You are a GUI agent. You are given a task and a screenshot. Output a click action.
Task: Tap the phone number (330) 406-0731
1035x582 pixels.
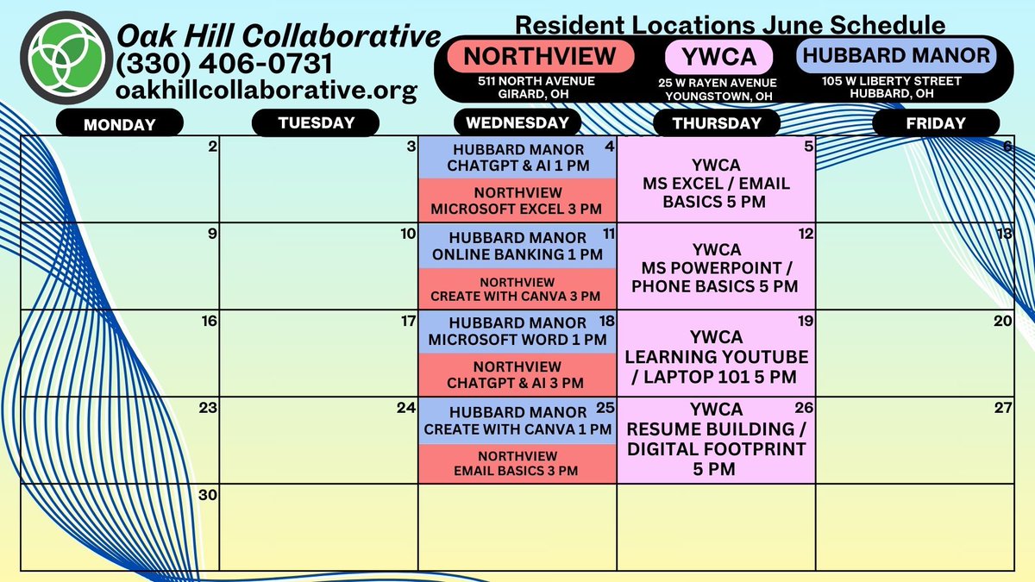(224, 64)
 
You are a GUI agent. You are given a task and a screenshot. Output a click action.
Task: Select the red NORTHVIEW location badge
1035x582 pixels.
(540, 57)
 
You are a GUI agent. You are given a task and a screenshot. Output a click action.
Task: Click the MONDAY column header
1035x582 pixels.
(119, 124)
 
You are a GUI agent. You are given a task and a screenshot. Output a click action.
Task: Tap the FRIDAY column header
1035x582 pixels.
(936, 123)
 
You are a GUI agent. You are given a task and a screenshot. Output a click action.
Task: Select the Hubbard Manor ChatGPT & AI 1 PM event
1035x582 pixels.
(517, 158)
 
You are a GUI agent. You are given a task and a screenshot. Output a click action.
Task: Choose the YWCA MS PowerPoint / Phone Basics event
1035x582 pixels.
(716, 268)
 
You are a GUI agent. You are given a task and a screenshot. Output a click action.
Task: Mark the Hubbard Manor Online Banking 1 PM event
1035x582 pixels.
(517, 246)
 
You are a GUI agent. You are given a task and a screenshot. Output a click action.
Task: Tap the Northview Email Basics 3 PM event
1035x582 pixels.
(517, 463)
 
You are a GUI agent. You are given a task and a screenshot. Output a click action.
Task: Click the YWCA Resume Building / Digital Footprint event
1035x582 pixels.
(716, 439)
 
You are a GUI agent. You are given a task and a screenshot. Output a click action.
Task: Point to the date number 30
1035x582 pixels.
(208, 495)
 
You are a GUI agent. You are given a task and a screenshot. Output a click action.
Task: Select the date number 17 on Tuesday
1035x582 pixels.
(408, 322)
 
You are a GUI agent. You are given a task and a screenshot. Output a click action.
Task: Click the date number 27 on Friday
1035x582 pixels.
(1002, 408)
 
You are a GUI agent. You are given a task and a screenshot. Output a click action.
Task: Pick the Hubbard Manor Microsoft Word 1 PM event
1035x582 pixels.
(517, 332)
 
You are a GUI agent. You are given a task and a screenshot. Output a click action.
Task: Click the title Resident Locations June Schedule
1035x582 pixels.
(730, 24)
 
